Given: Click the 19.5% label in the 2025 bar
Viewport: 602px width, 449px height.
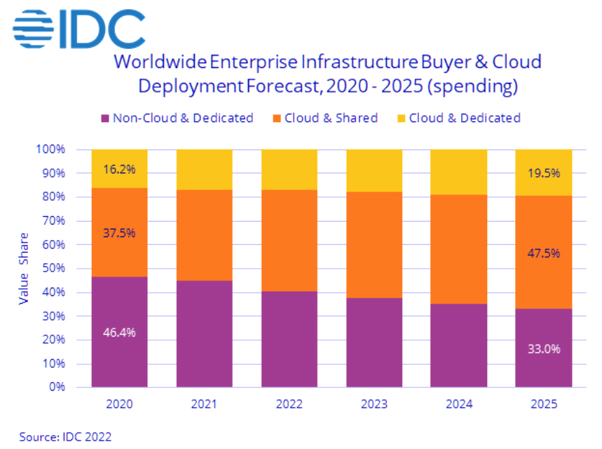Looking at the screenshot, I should tap(543, 173).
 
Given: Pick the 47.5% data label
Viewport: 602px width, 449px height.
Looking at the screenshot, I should tap(543, 253).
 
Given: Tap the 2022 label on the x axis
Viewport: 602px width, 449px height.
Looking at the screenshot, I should tap(289, 405).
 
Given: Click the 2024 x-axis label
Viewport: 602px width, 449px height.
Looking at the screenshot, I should tap(458, 405).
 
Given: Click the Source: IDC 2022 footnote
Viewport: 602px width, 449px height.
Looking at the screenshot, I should tap(62, 436).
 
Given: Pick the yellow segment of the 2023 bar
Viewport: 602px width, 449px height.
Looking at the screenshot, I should tap(374, 170).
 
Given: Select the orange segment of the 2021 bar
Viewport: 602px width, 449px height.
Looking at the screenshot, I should tap(204, 235).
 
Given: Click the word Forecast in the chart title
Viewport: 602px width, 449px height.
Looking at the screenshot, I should tap(276, 86).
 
